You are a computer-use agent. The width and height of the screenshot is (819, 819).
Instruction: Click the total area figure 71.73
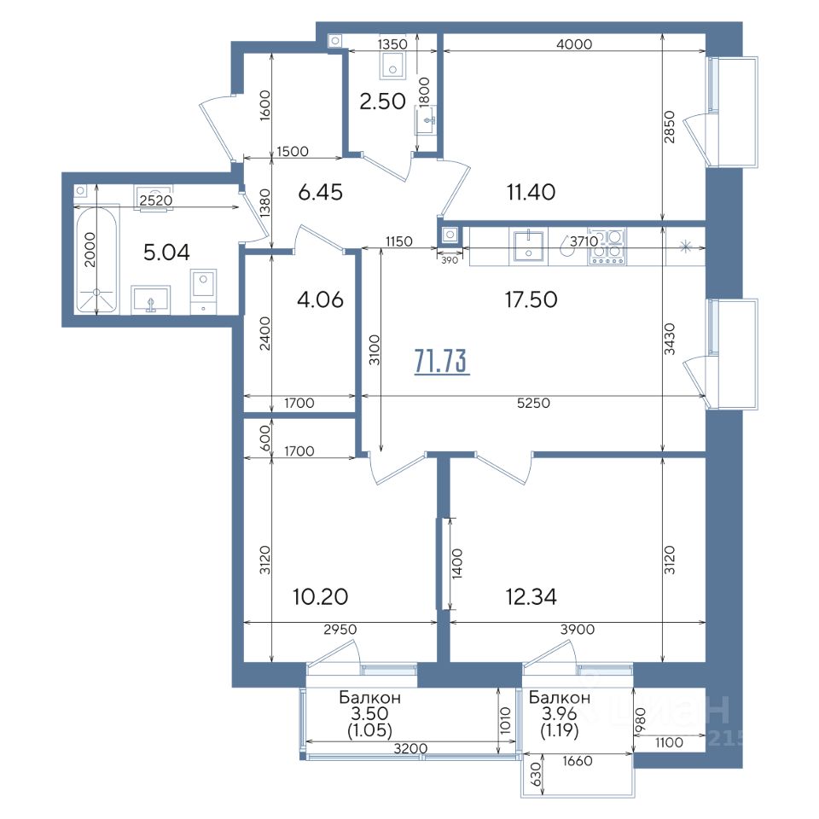pyautogui.click(x=441, y=361)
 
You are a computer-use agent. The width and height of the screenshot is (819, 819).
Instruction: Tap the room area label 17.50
pyautogui.click(x=531, y=299)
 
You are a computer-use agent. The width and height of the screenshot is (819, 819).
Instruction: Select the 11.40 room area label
pyautogui.click(x=531, y=192)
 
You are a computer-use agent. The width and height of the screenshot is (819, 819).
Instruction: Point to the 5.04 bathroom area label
pyautogui.click(x=166, y=253)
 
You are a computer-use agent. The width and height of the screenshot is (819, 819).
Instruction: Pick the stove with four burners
pyautogui.click(x=607, y=246)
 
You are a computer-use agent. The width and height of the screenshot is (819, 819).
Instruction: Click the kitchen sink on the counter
pyautogui.click(x=529, y=246)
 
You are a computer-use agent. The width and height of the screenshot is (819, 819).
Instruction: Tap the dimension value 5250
pyautogui.click(x=533, y=404)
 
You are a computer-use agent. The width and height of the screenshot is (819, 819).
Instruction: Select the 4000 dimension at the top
pyautogui.click(x=574, y=44)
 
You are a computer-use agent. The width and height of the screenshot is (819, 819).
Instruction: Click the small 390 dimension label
pyautogui.click(x=450, y=259)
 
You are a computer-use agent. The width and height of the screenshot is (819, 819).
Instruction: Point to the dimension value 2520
pyautogui.click(x=155, y=200)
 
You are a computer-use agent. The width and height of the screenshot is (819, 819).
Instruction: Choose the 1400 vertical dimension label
pyautogui.click(x=457, y=564)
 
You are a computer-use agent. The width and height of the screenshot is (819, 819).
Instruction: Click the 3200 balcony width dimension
pyautogui.click(x=410, y=748)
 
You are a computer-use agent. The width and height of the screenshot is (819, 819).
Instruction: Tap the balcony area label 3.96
pyautogui.click(x=559, y=713)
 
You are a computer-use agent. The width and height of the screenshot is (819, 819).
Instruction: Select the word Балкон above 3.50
pyautogui.click(x=369, y=697)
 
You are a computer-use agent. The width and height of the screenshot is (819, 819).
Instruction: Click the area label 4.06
pyautogui.click(x=320, y=299)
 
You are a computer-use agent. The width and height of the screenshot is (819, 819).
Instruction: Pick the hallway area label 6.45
pyautogui.click(x=320, y=192)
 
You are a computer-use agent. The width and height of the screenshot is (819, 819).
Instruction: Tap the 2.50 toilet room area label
pyautogui.click(x=382, y=102)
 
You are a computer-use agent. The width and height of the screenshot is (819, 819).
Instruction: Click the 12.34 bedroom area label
pyautogui.click(x=531, y=596)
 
